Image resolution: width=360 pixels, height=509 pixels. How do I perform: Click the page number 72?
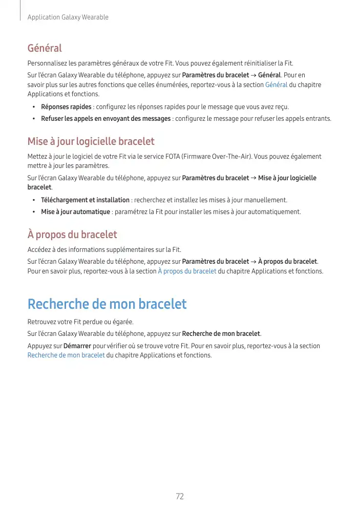tap(180, 496)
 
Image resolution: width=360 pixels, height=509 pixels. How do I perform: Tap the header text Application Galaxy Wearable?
tap(68, 17)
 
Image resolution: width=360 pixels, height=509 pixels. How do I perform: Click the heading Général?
tap(45, 49)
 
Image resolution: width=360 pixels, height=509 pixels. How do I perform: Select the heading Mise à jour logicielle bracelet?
tap(91, 141)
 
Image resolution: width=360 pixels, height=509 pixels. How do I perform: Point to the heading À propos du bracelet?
tap(72, 235)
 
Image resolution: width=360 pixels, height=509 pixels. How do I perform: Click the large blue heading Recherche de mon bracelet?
tap(107, 304)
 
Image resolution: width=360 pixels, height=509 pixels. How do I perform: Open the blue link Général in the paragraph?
tap(277, 85)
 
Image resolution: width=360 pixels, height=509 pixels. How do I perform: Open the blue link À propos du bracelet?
tap(187, 271)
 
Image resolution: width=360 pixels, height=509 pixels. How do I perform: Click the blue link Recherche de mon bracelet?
tap(66, 355)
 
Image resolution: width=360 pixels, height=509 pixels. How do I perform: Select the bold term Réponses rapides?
tap(66, 107)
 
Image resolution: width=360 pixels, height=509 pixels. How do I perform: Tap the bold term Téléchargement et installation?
tap(85, 200)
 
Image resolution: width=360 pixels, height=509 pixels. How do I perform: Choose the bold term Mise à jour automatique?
tap(75, 212)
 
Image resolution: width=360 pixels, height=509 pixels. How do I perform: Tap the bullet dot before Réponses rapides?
tap(33, 107)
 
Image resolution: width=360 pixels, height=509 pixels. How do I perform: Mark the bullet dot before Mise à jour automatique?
tap(33, 212)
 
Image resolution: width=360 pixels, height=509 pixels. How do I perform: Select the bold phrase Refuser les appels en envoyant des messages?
tap(105, 119)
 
